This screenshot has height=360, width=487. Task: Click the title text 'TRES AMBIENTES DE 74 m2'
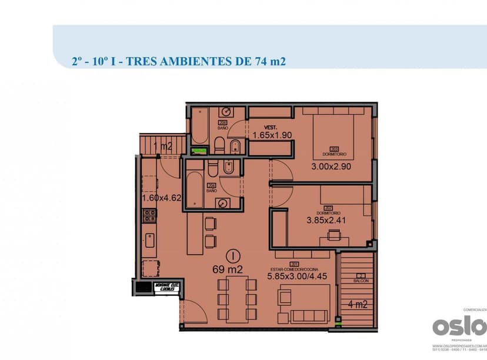(x=206, y=61)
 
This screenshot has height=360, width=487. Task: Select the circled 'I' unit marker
(x=234, y=255)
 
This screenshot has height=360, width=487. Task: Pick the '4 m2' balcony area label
(x=357, y=305)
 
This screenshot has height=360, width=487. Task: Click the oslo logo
(x=459, y=325)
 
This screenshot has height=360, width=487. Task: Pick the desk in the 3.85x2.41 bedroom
(x=333, y=238)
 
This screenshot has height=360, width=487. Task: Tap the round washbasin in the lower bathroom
(x=224, y=203)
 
